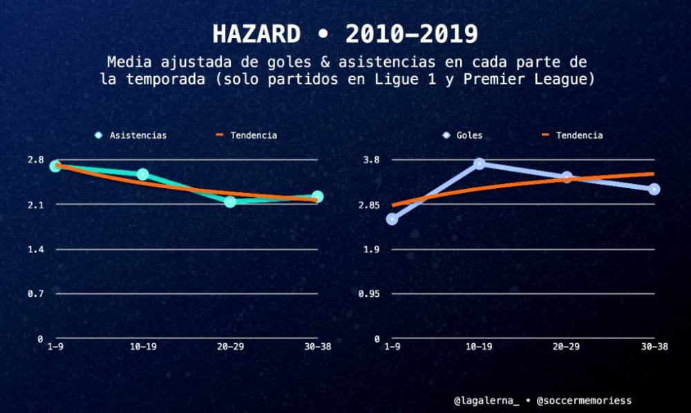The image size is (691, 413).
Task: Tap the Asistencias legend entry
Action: click(131, 136)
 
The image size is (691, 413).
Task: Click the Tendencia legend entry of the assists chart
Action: click(247, 136)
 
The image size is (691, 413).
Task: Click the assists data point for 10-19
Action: click(142, 174)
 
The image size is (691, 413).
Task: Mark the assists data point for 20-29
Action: click(230, 201)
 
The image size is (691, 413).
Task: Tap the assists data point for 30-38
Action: click(317, 197)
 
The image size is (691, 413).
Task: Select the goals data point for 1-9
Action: click(392, 219)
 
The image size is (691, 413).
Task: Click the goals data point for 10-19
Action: click(479, 163)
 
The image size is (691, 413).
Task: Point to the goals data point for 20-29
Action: click(567, 177)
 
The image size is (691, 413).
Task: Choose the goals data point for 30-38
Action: click(654, 189)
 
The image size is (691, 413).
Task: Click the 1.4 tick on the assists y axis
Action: click(35, 249)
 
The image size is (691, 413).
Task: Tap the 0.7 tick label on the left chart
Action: click(35, 294)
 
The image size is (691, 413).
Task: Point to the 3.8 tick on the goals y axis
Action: click(372, 160)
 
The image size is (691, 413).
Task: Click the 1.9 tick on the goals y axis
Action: click(372, 249)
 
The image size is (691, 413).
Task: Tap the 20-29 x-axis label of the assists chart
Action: click(230, 347)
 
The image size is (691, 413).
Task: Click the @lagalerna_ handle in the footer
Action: click(486, 401)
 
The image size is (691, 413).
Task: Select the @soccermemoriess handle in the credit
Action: click(584, 401)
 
